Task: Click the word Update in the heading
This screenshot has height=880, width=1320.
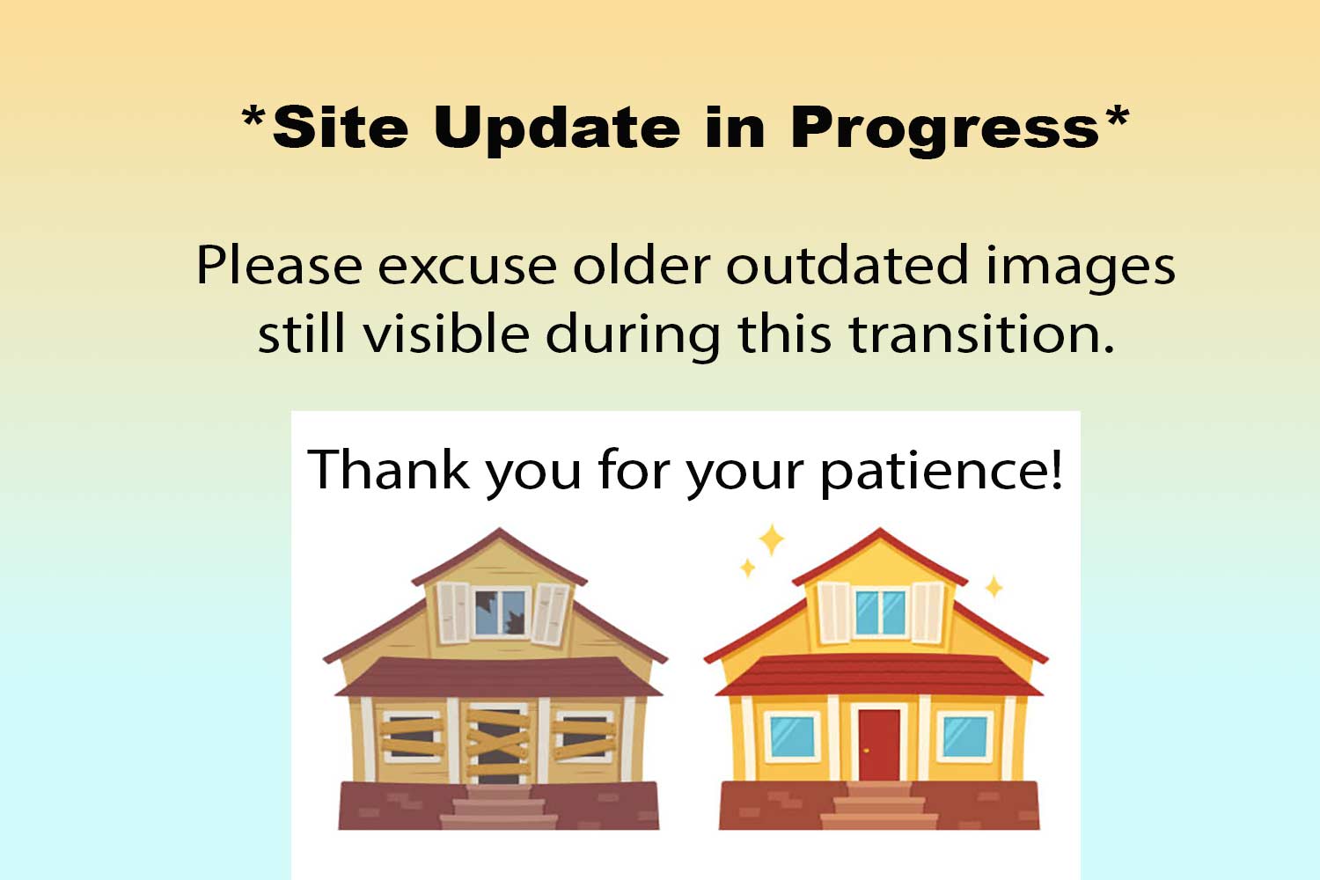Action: (557, 128)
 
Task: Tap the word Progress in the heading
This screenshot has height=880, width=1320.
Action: (945, 129)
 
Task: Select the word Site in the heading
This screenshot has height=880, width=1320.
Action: (341, 127)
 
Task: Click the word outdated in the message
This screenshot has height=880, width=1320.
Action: (847, 265)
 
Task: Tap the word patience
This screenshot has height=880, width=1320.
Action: (941, 472)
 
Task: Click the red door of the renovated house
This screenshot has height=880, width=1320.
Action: (879, 745)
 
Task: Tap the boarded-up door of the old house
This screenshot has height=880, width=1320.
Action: (498, 744)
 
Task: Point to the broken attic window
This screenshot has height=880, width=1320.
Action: (500, 613)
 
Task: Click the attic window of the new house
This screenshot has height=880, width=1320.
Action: (880, 613)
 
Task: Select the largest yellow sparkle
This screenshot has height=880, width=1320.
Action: (771, 540)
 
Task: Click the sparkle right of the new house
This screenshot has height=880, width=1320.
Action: (994, 586)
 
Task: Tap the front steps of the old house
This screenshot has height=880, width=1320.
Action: (499, 807)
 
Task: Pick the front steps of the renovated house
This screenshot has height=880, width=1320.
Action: (879, 805)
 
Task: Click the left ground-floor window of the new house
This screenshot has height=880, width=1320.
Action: (793, 737)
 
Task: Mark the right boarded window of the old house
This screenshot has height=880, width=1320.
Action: (584, 737)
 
